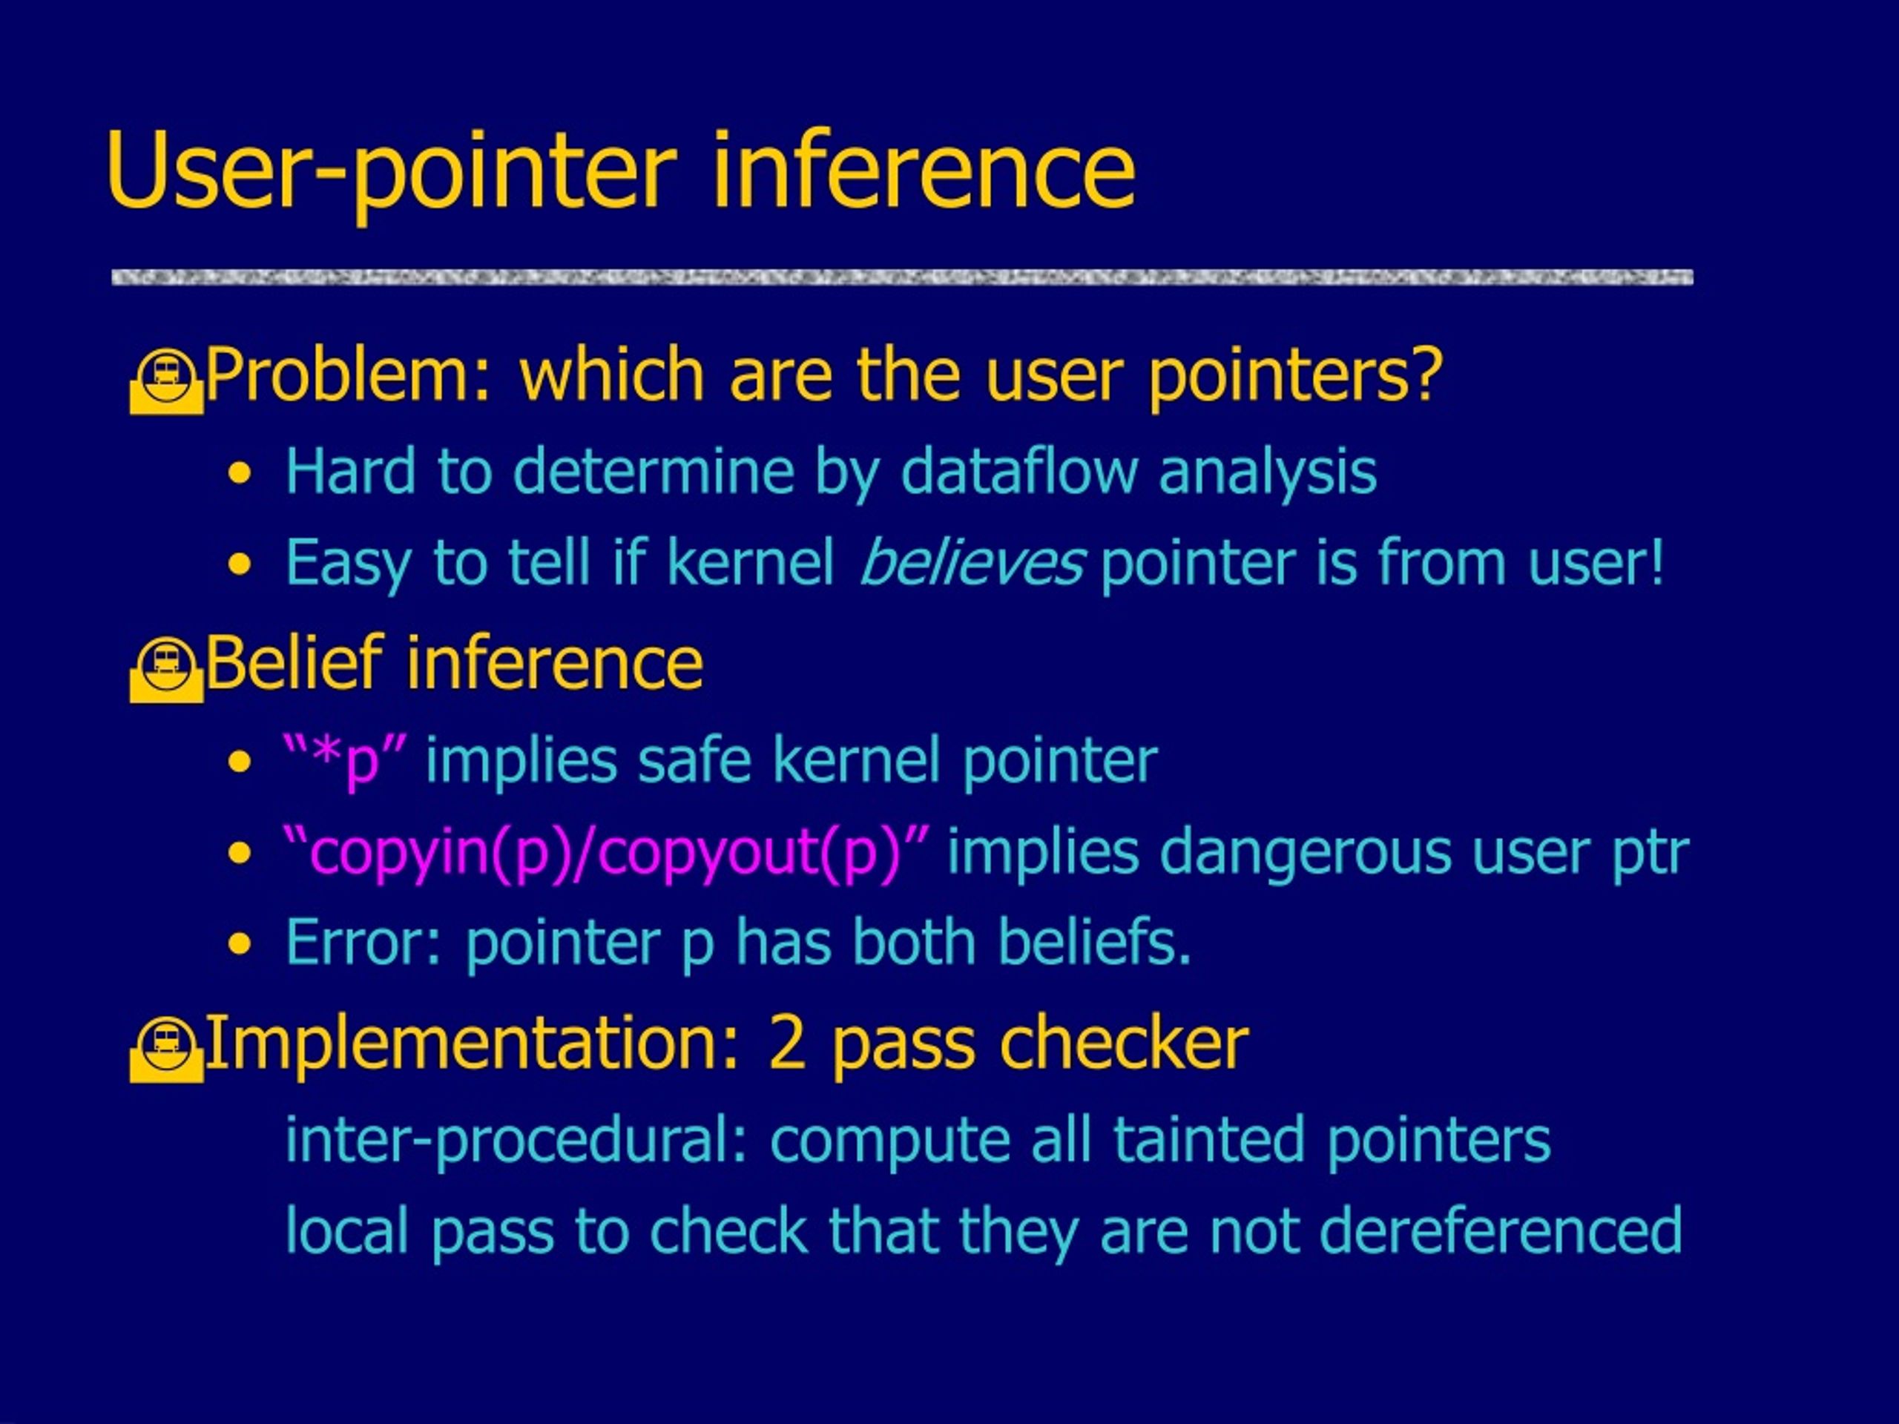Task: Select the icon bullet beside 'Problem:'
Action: [x=167, y=381]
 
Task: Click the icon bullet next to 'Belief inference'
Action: [x=167, y=670]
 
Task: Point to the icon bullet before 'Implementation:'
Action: [x=167, y=1049]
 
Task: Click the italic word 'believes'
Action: [x=972, y=563]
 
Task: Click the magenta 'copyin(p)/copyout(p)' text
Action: [x=606, y=852]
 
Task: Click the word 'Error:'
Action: [x=364, y=943]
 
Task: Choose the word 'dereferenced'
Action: [x=1501, y=1231]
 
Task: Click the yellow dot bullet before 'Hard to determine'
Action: [x=240, y=474]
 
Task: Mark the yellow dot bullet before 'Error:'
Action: [x=240, y=945]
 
